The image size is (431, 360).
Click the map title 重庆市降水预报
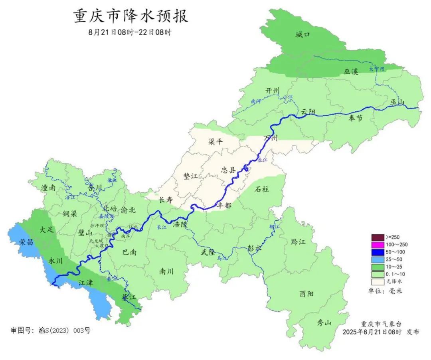pos(130,16)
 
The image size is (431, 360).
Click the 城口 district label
pos(302,35)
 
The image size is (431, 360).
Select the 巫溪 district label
pos(351,72)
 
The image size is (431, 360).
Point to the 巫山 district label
pos(397,103)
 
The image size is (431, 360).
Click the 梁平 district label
pos(215,141)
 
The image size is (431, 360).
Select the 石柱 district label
pos(262,189)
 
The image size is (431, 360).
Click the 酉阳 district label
pos(306,294)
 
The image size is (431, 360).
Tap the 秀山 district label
pos(324,323)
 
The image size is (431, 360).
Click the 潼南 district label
pos(48,188)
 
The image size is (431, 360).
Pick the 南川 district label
pos(166,271)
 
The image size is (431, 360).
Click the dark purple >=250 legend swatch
pos(378,237)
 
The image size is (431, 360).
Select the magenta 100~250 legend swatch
pos(378,245)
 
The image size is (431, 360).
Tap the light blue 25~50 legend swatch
pos(378,259)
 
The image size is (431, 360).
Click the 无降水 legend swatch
pos(378,282)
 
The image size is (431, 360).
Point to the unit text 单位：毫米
pos(385,291)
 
